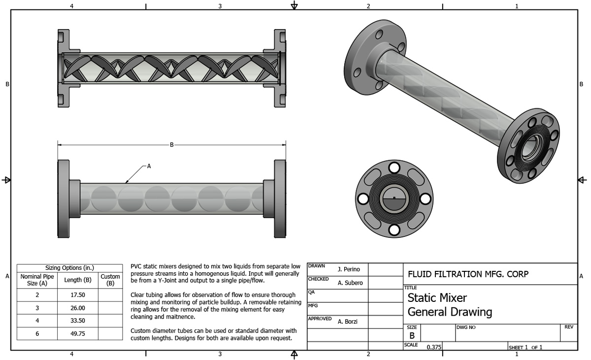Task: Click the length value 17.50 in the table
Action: (78, 295)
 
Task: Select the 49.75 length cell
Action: (78, 333)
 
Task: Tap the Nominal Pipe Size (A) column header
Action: (37, 280)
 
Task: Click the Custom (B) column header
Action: (110, 280)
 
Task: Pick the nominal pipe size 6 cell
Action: (37, 333)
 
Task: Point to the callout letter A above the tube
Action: (149, 166)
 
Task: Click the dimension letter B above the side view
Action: (172, 145)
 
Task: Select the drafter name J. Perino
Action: (349, 269)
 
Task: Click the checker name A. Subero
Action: (350, 283)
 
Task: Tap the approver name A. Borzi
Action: (348, 322)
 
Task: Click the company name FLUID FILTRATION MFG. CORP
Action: (468, 274)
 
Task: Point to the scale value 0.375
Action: (434, 347)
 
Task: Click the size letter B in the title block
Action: (412, 335)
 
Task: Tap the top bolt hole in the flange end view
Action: (394, 166)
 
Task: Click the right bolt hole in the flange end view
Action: (425, 198)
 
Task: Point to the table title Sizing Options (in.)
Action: (69, 268)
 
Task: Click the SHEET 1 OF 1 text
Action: (525, 347)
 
